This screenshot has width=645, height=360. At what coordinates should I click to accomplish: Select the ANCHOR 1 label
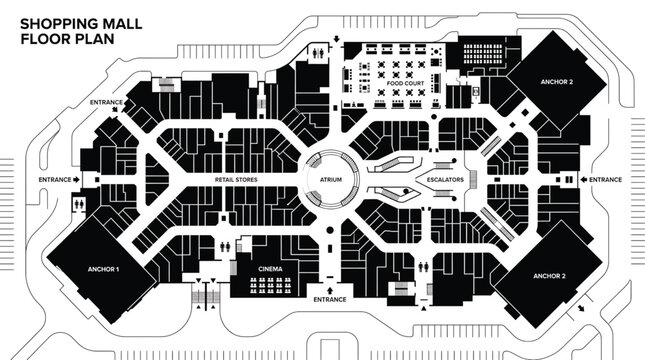(103, 270)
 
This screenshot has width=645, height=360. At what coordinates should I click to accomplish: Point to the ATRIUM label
(330, 180)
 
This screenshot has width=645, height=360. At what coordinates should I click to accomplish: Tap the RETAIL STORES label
(237, 180)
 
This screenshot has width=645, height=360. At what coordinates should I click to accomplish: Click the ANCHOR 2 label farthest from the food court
(549, 274)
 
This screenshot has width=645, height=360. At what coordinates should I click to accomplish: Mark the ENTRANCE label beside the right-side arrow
(606, 179)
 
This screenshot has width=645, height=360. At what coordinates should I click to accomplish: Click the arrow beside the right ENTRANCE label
(583, 179)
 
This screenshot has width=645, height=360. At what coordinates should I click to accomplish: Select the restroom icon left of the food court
(318, 47)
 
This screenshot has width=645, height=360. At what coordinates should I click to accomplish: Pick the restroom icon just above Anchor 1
(79, 203)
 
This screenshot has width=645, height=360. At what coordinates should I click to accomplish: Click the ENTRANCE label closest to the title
(107, 102)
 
